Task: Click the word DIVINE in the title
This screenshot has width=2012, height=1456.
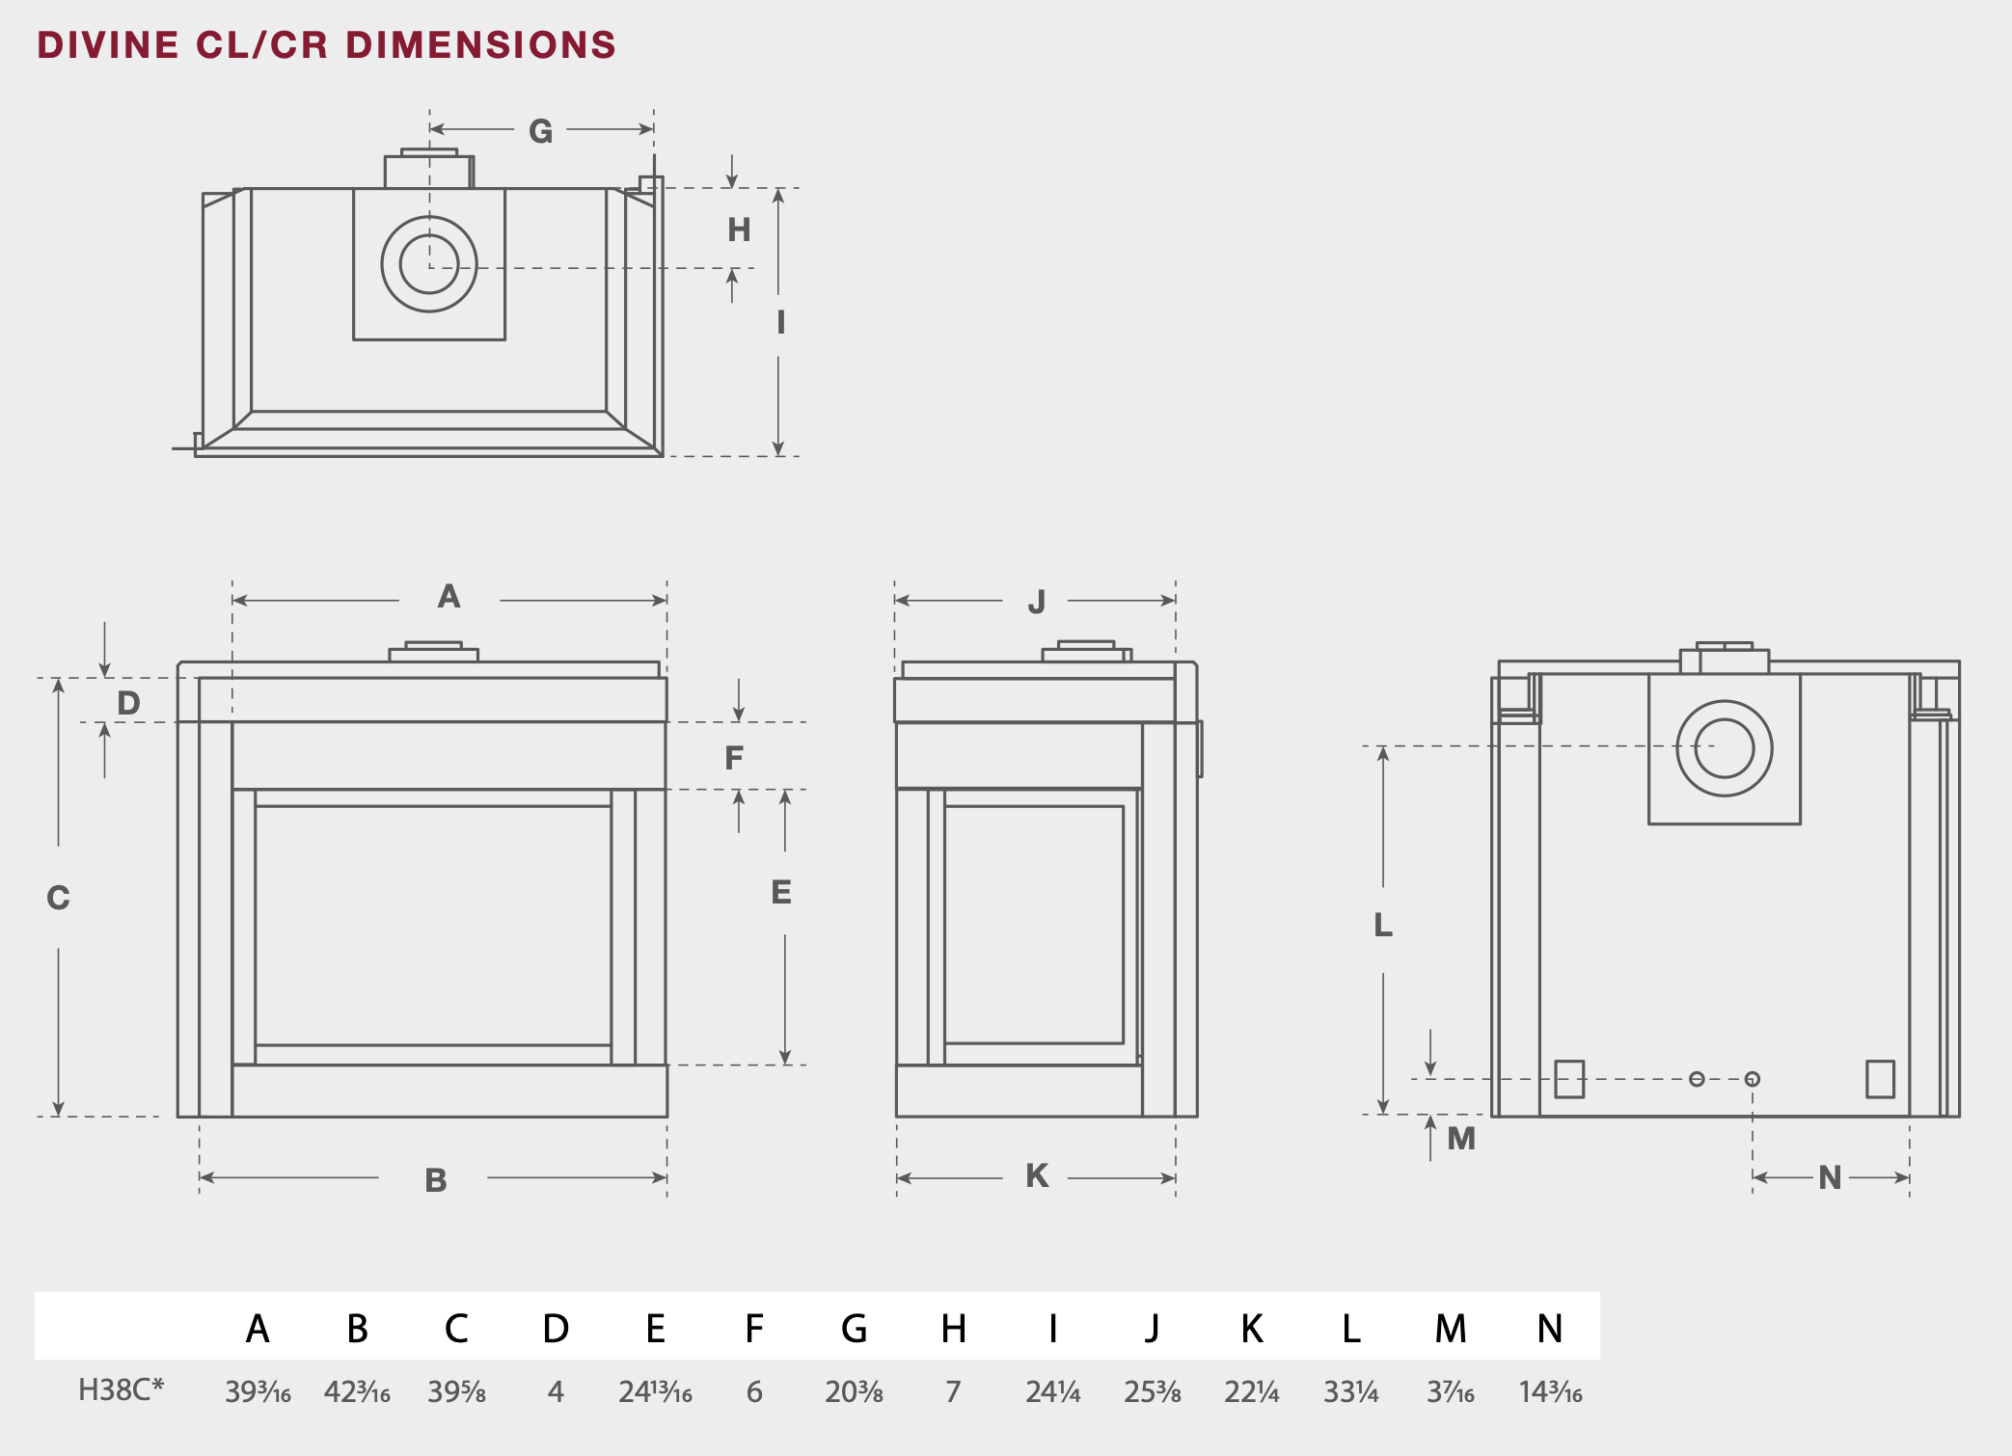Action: (108, 45)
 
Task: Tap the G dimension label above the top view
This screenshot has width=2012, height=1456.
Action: (540, 131)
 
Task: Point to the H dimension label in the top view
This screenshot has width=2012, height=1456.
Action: (739, 229)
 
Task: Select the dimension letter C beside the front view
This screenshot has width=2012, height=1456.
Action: (58, 898)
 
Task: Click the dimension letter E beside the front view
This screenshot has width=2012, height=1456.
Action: (781, 892)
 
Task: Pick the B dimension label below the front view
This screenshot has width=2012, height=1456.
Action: (436, 1180)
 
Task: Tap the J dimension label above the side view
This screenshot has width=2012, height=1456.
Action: (1037, 603)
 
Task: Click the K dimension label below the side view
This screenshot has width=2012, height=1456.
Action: (1037, 1175)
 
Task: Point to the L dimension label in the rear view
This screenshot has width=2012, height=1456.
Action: (1383, 925)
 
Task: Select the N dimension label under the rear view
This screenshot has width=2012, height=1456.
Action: (1830, 1177)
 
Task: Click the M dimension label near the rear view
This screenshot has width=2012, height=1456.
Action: (1461, 1139)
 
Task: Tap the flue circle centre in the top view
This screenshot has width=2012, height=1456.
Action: (429, 264)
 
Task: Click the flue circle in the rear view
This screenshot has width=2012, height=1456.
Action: (1725, 748)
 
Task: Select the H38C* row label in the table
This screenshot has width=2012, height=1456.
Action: (121, 1389)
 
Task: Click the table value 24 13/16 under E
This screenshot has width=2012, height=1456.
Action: (655, 1391)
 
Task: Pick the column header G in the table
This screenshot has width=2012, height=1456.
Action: (854, 1329)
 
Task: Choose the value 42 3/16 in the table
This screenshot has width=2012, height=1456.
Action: (357, 1391)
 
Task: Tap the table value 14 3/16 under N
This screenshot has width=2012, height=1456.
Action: (1550, 1391)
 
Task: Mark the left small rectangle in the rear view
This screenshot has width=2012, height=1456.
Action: (1569, 1079)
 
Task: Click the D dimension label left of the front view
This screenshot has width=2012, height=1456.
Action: (128, 703)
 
